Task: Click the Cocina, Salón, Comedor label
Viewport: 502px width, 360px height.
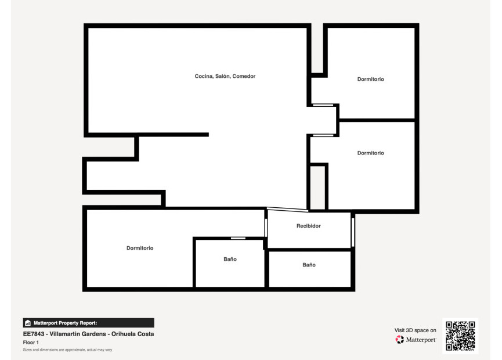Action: (x=225, y=76)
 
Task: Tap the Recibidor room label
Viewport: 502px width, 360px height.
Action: (x=309, y=226)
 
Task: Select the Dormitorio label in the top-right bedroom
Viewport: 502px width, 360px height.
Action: (x=370, y=79)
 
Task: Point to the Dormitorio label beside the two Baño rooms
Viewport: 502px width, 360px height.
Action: (x=140, y=248)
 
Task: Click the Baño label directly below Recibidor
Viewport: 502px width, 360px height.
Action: (x=309, y=265)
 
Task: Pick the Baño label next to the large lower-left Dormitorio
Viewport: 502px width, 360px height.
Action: (x=230, y=259)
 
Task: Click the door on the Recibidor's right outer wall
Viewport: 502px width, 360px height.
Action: (x=353, y=232)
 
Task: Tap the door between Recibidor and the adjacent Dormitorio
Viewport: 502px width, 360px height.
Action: (x=266, y=228)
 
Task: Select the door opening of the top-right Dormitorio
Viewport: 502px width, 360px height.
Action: (x=323, y=105)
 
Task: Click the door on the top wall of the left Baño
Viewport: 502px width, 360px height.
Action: (x=238, y=238)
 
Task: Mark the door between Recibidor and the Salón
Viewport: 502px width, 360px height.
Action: (x=287, y=210)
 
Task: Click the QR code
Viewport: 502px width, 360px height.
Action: (x=460, y=335)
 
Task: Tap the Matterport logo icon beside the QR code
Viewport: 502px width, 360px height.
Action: (x=399, y=340)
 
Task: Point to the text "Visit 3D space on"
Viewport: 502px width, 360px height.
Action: (x=416, y=330)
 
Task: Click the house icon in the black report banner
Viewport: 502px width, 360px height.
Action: (x=27, y=323)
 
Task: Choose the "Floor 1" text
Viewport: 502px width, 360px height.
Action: (x=31, y=343)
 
